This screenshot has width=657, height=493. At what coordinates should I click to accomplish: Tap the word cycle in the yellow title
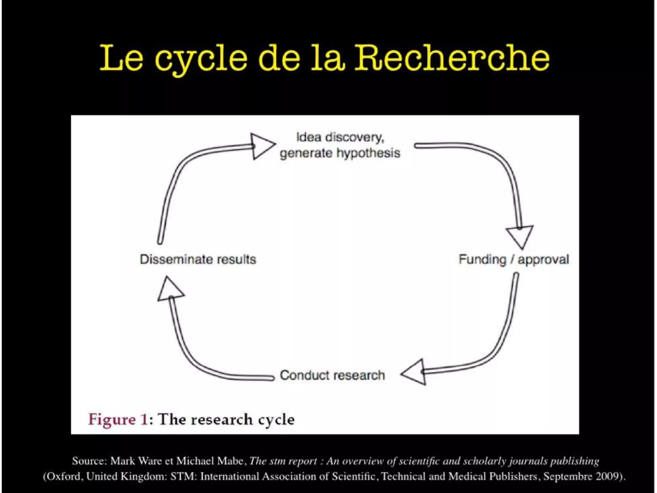[201, 59]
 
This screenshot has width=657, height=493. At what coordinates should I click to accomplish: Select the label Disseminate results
[198, 259]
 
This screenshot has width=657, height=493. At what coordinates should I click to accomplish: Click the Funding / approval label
[514, 259]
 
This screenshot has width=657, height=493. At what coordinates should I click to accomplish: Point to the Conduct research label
[332, 375]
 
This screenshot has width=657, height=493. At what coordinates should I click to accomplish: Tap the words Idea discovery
[340, 137]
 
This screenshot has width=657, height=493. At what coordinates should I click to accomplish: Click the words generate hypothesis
[340, 153]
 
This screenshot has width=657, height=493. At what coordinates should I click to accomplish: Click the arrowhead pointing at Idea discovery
[261, 146]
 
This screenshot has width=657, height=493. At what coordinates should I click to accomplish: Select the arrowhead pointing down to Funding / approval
[520, 237]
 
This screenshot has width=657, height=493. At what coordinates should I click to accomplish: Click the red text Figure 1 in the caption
[118, 419]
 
